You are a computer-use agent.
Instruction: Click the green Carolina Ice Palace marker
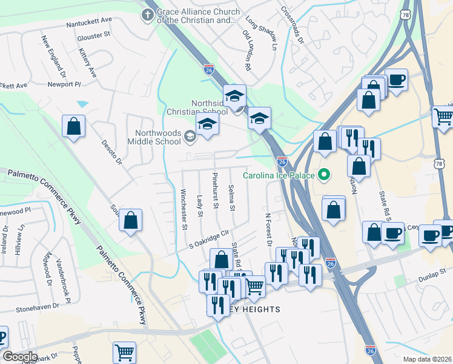point(324,176)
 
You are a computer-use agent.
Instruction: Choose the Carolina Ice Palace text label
point(279,176)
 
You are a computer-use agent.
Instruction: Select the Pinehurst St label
point(215,190)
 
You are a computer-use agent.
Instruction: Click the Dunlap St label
point(432,274)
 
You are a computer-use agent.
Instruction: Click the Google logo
point(19,357)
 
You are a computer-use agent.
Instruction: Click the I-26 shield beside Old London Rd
point(208,69)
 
